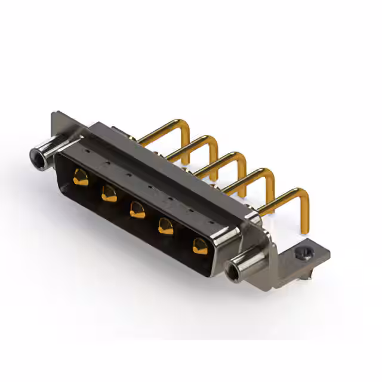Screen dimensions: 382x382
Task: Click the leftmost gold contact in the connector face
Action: point(81,177)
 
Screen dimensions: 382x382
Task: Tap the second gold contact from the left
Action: point(109,193)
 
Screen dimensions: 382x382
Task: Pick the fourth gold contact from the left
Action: point(166,226)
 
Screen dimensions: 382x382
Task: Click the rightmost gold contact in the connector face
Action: point(199,245)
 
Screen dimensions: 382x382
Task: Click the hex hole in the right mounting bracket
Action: point(305,253)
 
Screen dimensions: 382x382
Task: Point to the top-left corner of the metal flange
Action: point(54,113)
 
